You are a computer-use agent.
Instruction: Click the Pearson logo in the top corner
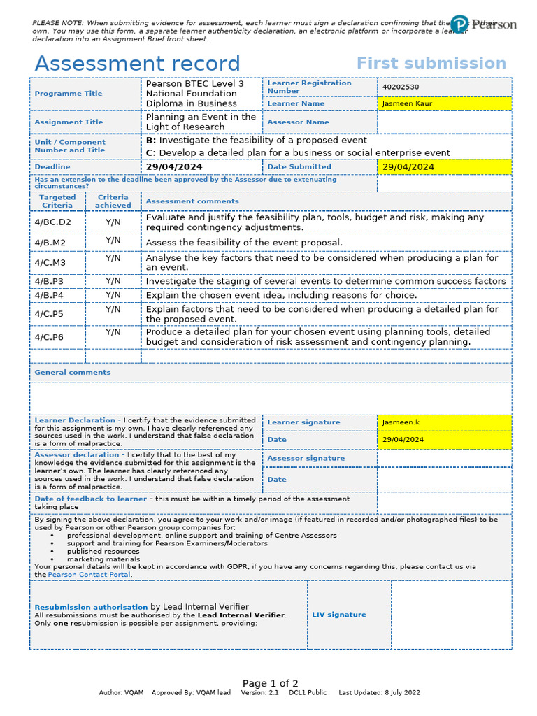[483, 24]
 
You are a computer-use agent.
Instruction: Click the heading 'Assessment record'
[137, 64]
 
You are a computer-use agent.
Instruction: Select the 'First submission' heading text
[431, 64]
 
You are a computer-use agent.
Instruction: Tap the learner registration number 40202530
[401, 87]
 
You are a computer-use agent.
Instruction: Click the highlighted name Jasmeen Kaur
[407, 103]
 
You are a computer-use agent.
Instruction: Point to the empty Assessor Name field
[444, 122]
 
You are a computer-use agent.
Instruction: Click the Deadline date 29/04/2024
[173, 167]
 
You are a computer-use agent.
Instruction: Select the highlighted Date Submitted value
[408, 167]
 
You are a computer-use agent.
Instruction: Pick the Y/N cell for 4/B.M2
[113, 241]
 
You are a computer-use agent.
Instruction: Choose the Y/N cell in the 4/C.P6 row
[113, 333]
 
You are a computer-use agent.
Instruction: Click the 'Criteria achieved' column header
[113, 201]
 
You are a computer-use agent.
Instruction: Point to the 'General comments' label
[73, 373]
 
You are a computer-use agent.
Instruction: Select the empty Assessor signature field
[444, 459]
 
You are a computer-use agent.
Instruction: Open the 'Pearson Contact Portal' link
[89, 574]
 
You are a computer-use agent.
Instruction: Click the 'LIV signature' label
[339, 615]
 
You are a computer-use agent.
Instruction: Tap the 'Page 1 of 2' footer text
[271, 683]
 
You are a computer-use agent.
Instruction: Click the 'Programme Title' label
[69, 94]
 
